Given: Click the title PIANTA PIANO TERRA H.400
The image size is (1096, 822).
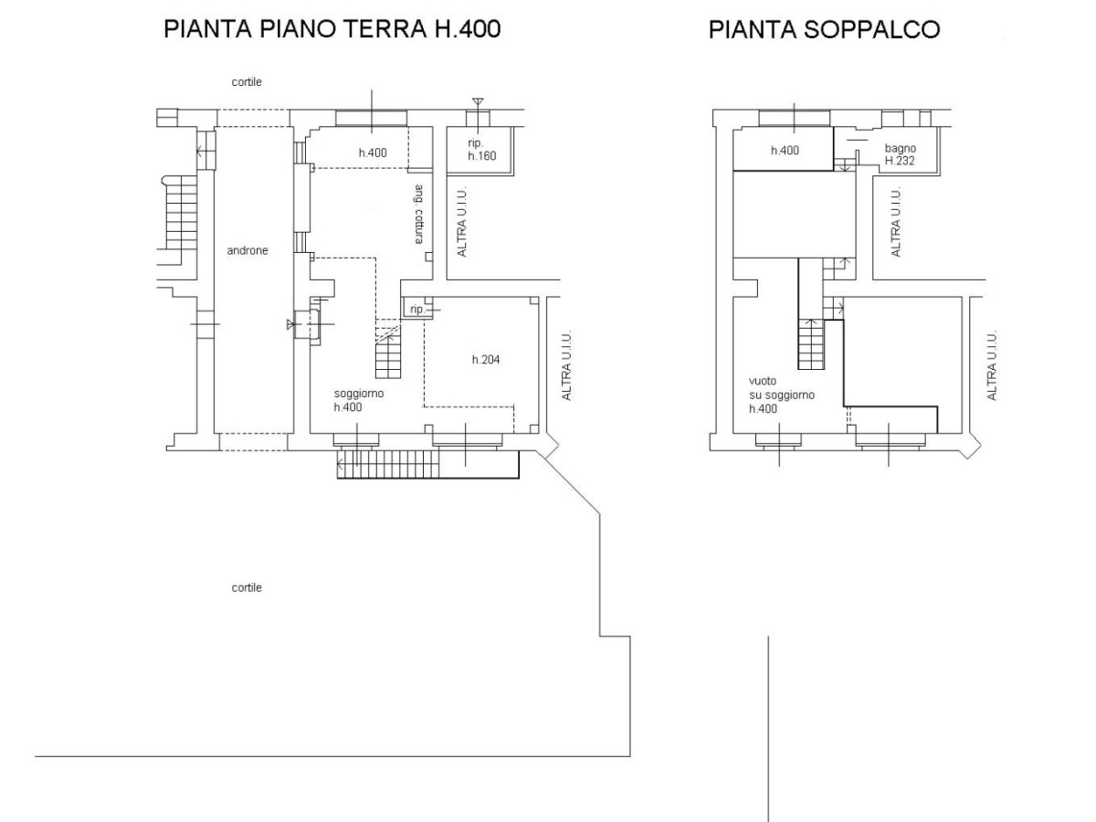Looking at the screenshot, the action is click(x=332, y=29).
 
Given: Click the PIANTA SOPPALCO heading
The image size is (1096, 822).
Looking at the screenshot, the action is click(x=825, y=29).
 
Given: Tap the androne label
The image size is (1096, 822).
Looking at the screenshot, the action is click(x=248, y=250).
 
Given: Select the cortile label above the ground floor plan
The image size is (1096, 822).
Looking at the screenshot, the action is click(x=247, y=82).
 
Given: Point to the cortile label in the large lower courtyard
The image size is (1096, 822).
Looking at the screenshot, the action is click(x=247, y=587).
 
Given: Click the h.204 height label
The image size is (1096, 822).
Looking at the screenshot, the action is click(x=486, y=359).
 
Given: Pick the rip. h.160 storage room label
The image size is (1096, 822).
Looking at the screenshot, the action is click(x=482, y=149).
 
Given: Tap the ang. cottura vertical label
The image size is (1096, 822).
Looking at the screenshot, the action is click(x=418, y=214).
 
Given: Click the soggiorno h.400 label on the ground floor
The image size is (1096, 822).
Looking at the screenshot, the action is click(x=359, y=400).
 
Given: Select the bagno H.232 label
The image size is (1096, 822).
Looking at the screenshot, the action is click(x=900, y=154).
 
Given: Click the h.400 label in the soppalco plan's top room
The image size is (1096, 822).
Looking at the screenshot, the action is click(x=785, y=150).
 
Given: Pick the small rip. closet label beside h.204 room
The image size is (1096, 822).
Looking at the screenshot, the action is click(x=417, y=310).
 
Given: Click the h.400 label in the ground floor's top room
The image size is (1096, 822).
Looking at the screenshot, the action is click(x=373, y=153).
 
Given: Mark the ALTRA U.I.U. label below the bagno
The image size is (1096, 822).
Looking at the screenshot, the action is click(x=896, y=222).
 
